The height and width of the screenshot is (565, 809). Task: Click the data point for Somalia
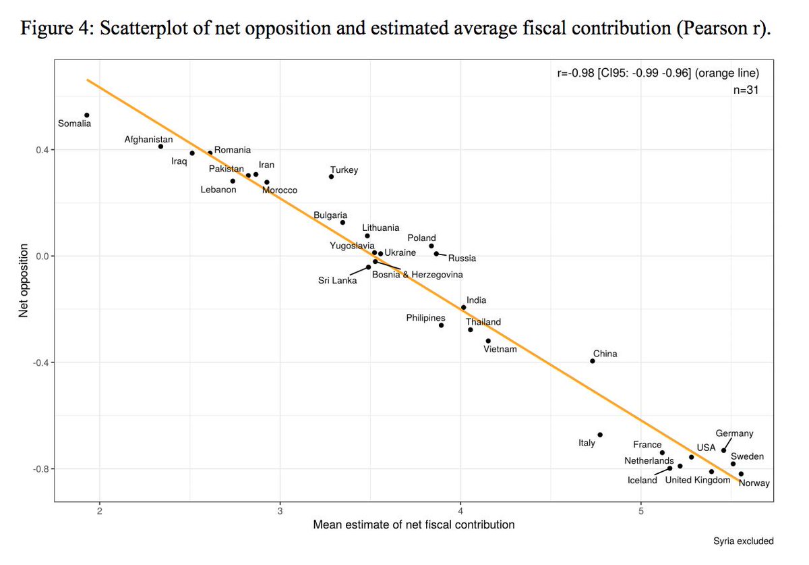tap(87, 115)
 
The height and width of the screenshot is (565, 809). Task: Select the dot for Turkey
tap(331, 177)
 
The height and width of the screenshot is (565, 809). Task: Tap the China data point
tap(593, 361)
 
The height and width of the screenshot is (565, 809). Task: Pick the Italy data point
tap(600, 435)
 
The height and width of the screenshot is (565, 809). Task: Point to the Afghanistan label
tap(148, 140)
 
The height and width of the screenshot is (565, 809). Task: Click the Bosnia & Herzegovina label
tap(417, 275)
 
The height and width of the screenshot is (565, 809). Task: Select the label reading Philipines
tap(425, 318)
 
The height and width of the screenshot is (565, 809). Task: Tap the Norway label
tap(754, 483)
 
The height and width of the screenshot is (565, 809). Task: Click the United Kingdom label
tap(698, 480)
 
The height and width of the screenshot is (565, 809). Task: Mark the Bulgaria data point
tap(342, 222)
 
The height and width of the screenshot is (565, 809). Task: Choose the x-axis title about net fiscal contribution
tap(414, 525)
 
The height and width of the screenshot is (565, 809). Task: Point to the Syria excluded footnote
tap(743, 541)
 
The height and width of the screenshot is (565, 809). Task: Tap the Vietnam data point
tap(488, 341)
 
